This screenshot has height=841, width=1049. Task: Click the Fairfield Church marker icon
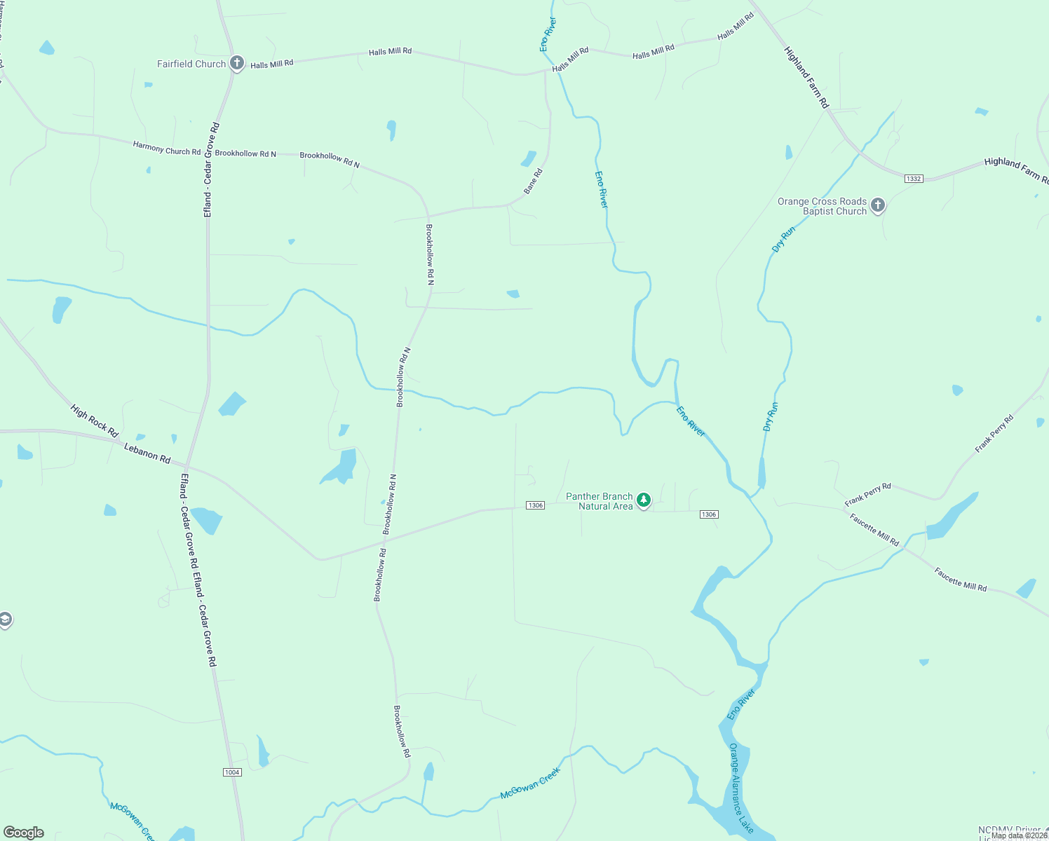237,64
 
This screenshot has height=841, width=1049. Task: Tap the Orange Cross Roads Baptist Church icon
878,206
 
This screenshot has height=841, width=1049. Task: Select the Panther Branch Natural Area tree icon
644,500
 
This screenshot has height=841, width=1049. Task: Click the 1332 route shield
914,179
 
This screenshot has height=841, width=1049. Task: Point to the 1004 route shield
232,772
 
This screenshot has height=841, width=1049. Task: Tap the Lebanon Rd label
147,453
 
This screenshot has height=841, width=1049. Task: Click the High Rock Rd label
94,421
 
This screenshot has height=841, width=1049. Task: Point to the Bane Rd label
533,182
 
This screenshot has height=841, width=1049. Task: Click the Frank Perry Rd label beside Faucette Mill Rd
867,495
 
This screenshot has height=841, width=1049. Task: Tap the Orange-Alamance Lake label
741,788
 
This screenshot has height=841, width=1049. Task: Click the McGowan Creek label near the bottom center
530,784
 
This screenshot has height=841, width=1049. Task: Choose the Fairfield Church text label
191,64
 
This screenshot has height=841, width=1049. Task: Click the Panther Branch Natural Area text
600,501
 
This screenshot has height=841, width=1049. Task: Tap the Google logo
24,833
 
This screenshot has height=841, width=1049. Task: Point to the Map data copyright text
1019,835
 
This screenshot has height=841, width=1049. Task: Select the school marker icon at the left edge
5,620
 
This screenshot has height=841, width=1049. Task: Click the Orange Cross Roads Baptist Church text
822,206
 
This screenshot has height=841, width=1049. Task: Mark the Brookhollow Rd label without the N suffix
379,575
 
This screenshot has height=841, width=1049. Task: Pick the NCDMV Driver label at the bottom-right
1009,830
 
